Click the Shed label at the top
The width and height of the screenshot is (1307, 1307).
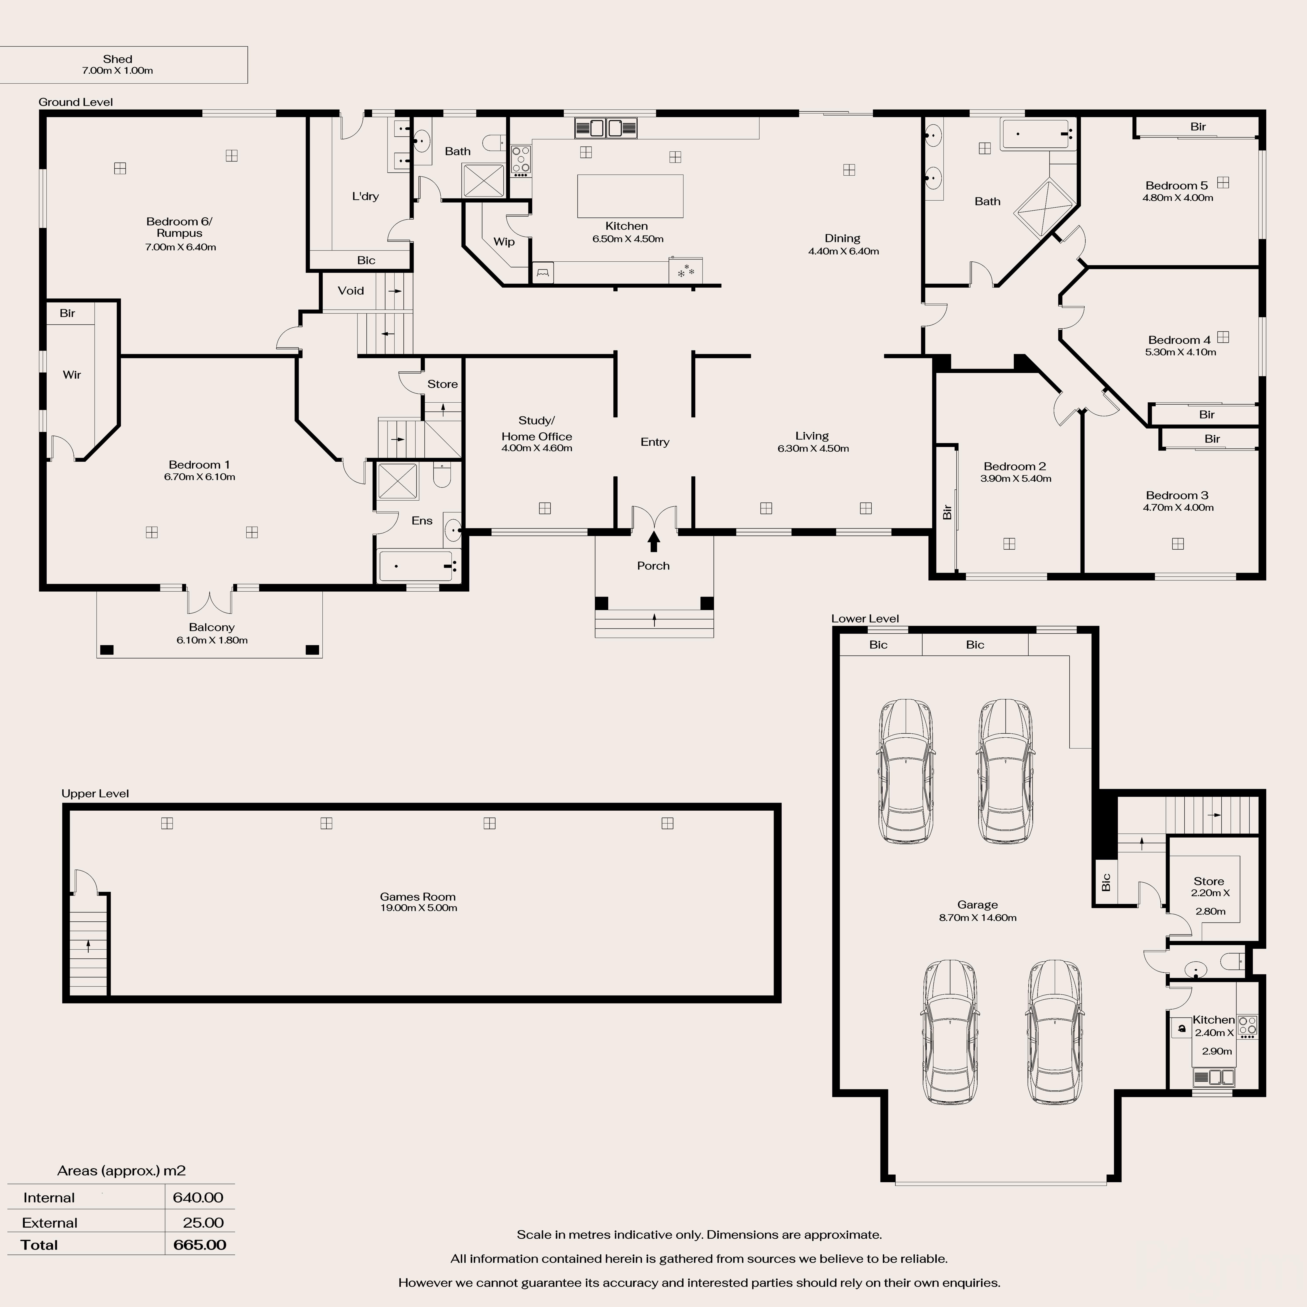(x=118, y=59)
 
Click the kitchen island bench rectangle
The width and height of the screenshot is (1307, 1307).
(x=630, y=196)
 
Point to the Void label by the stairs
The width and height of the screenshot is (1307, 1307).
(x=350, y=290)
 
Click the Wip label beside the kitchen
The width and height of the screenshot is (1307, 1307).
(x=504, y=242)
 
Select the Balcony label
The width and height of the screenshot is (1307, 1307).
(x=212, y=627)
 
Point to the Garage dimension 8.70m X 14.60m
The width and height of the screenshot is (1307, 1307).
(x=978, y=917)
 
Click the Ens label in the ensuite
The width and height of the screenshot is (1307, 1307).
(x=422, y=520)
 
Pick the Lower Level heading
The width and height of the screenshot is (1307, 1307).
(x=865, y=618)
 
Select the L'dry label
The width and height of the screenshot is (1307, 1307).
(x=365, y=196)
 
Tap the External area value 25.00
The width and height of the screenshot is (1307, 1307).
(x=203, y=1222)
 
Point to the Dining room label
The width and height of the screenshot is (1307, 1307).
(x=842, y=238)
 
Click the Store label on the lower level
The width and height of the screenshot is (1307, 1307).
(x=1209, y=881)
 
